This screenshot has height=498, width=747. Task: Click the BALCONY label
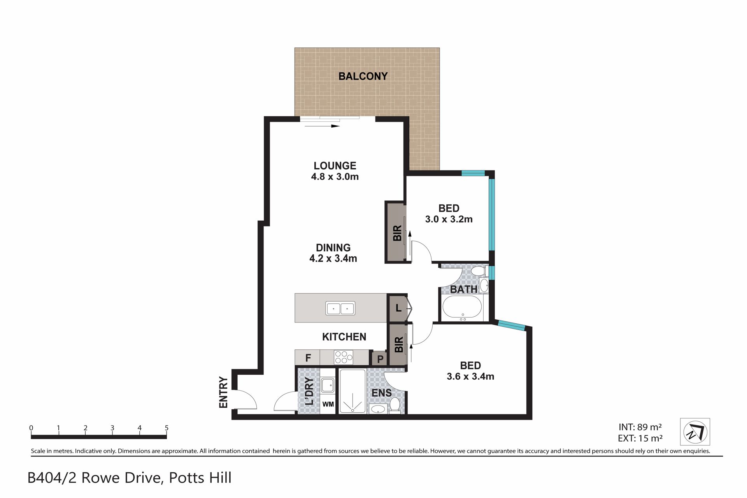(x=363, y=76)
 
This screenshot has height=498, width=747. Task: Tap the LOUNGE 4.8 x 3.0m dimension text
(x=335, y=177)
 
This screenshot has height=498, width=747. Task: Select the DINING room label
(x=333, y=247)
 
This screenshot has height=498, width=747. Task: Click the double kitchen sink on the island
(x=340, y=309)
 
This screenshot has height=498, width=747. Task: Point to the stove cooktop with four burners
(x=344, y=357)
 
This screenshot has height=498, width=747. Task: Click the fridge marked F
(x=308, y=358)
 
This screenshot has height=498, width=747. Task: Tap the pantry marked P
(x=380, y=359)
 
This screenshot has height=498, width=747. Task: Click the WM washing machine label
(x=328, y=404)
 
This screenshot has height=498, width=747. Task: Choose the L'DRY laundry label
(x=309, y=391)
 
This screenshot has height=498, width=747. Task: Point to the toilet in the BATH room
(x=478, y=270)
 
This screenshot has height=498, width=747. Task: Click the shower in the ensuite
(x=352, y=391)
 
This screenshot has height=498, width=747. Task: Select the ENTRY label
(x=223, y=392)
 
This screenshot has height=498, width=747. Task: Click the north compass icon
(x=695, y=432)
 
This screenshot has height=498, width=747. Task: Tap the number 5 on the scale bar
(x=167, y=428)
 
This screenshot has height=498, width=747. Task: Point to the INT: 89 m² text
(x=640, y=427)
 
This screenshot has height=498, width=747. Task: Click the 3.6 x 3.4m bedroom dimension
(x=470, y=376)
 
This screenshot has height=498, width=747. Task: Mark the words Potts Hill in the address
(x=200, y=477)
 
